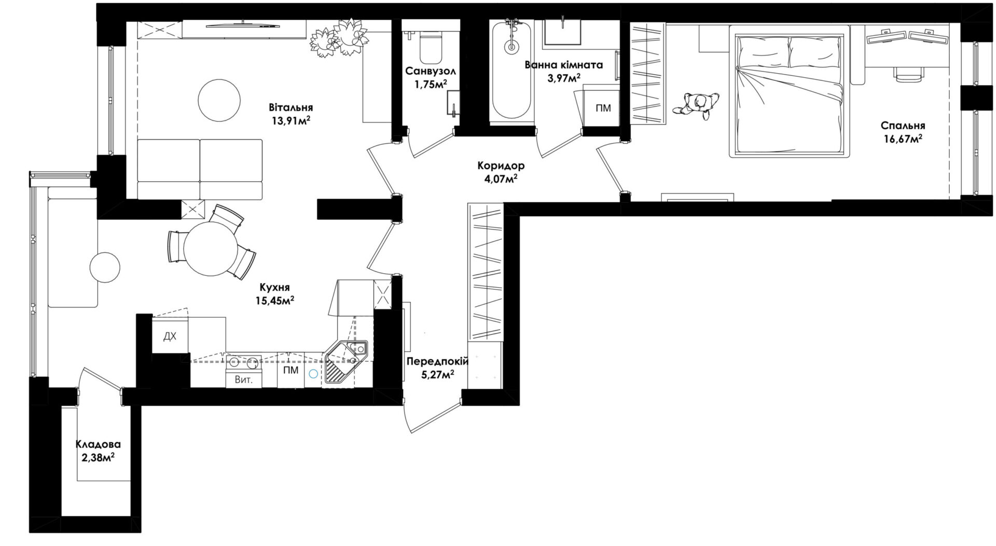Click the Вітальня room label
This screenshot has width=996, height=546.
point(290,108)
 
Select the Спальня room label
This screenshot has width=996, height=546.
point(903,126)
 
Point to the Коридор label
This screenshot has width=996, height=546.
point(501,166)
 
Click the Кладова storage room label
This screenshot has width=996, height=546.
point(98,445)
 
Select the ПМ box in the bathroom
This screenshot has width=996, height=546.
point(603,108)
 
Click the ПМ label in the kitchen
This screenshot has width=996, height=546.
point(291,370)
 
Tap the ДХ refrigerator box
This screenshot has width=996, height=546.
point(170,336)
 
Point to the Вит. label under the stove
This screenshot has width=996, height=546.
point(244,380)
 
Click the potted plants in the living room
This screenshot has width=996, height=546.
point(340,37)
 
